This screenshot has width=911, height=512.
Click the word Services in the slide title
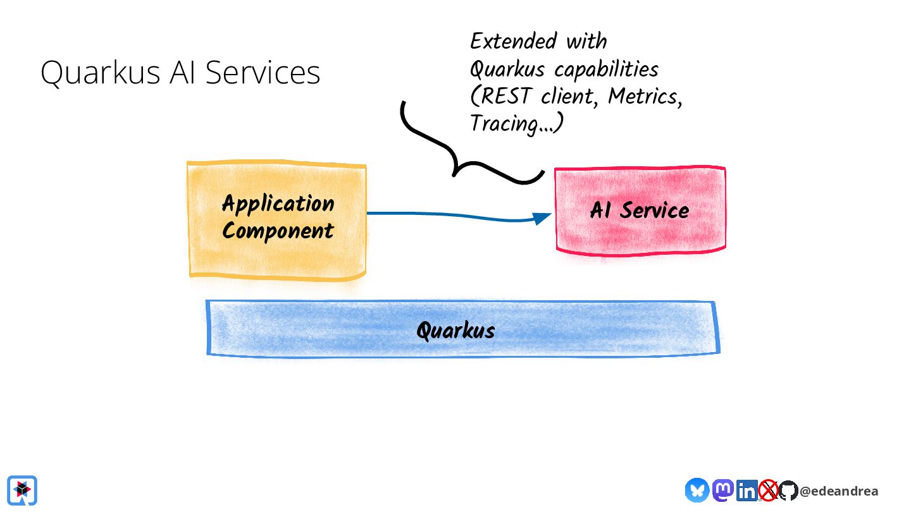pos(263,72)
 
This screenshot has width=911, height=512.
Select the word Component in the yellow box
pos(278,231)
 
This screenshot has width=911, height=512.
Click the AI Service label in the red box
pos(640,210)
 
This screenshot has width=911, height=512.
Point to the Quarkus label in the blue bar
pos(456,330)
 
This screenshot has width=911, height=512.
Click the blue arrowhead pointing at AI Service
pos(542,218)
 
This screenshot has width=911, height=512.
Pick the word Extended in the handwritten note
pos(514,41)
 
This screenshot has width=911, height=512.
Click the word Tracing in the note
pos(504,124)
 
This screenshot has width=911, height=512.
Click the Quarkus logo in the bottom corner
pos(22,491)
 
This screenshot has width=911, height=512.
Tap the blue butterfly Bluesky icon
pos(697,490)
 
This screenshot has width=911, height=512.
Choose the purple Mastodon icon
pos(722,490)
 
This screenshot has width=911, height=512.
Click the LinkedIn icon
pos(747,491)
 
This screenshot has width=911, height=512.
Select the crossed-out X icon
pos(768,490)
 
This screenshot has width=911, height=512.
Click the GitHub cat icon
pos(788,491)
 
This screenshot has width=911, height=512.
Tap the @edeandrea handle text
pos(839,491)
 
